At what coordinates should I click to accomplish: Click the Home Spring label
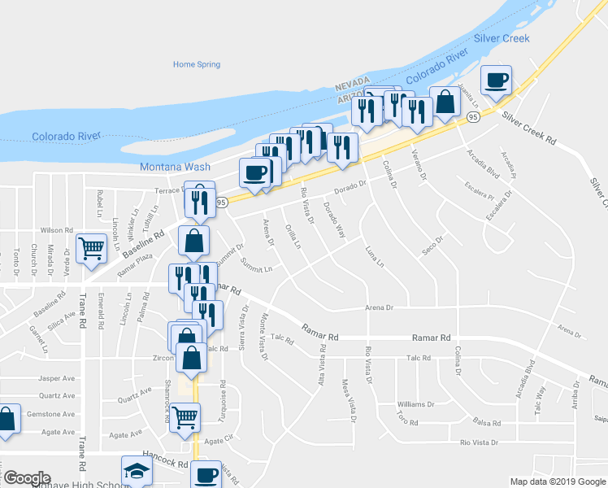(196, 64)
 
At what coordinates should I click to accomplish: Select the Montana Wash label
(175, 167)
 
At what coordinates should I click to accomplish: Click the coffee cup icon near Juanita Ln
(496, 81)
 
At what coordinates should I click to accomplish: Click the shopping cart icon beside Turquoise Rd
(187, 416)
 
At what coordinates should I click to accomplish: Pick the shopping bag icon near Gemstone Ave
(6, 420)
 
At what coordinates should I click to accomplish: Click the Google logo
(26, 478)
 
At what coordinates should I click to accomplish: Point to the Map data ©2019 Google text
(557, 481)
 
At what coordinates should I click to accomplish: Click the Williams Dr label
(415, 404)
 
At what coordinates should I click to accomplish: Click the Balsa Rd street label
(486, 423)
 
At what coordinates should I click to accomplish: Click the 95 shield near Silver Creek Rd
(473, 117)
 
